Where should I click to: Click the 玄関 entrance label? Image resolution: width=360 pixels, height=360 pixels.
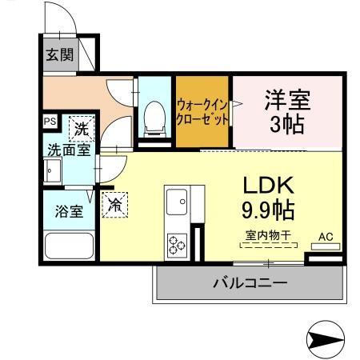(58, 55)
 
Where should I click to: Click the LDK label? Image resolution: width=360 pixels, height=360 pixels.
(269, 186)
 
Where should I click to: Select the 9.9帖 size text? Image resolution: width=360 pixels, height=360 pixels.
(269, 210)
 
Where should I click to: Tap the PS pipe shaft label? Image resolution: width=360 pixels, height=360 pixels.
(50, 122)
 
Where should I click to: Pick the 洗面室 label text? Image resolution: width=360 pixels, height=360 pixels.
(66, 149)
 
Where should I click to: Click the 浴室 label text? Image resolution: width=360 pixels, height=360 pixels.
(67, 212)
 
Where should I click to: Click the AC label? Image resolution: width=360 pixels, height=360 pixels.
(326, 236)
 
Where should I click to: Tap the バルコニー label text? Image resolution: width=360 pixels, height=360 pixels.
(250, 283)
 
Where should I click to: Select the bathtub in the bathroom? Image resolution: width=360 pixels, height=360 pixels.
(67, 246)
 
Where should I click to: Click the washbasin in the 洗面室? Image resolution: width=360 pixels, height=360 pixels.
(53, 171)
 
